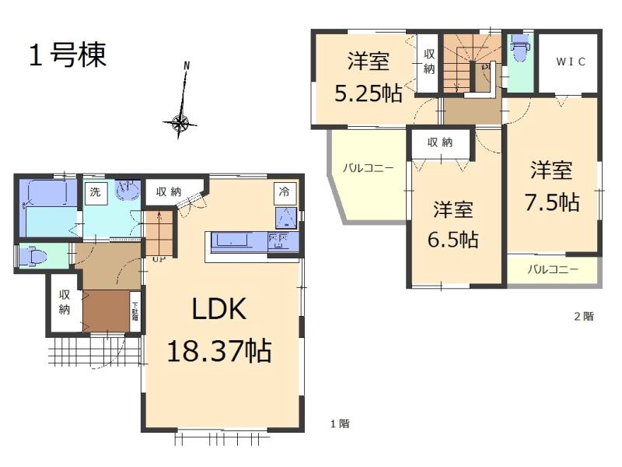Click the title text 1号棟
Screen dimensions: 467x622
(68, 55)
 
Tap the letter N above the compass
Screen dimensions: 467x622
(186, 66)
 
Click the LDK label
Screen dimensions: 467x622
(219, 310)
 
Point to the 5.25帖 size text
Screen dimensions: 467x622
(369, 93)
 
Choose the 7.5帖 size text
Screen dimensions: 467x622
(551, 202)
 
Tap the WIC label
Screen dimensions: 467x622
(570, 62)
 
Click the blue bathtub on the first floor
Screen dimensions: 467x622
(48, 207)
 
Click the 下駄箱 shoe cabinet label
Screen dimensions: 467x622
(135, 311)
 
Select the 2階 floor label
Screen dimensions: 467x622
(583, 316)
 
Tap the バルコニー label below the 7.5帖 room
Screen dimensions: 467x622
(553, 270)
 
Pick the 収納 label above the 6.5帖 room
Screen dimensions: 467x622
(440, 142)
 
